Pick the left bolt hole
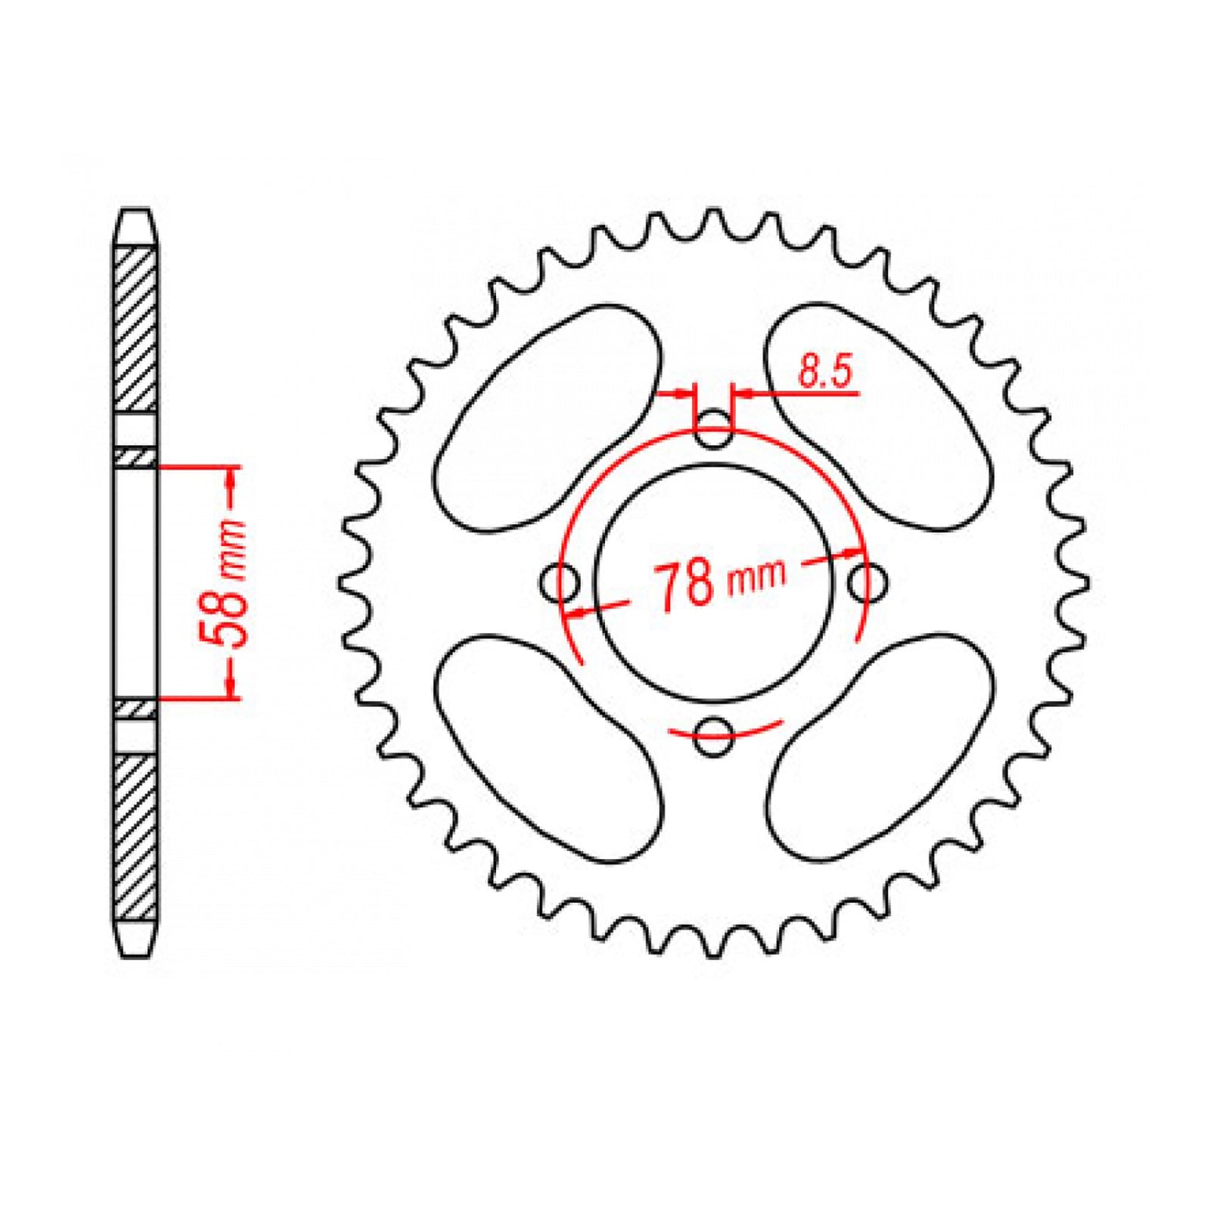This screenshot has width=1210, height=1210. tap(560, 583)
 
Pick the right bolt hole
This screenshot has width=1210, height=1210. tap(867, 583)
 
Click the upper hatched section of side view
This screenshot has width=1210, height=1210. tap(136, 329)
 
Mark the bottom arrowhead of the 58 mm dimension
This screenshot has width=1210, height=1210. tap(233, 687)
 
